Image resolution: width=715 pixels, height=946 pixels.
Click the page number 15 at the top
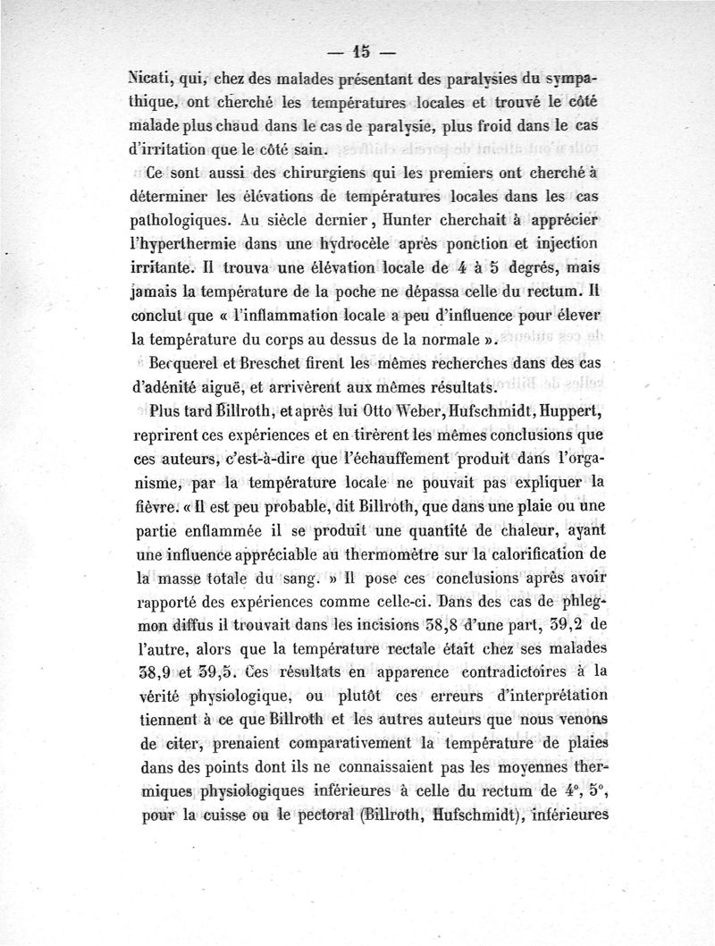tap(360, 51)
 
